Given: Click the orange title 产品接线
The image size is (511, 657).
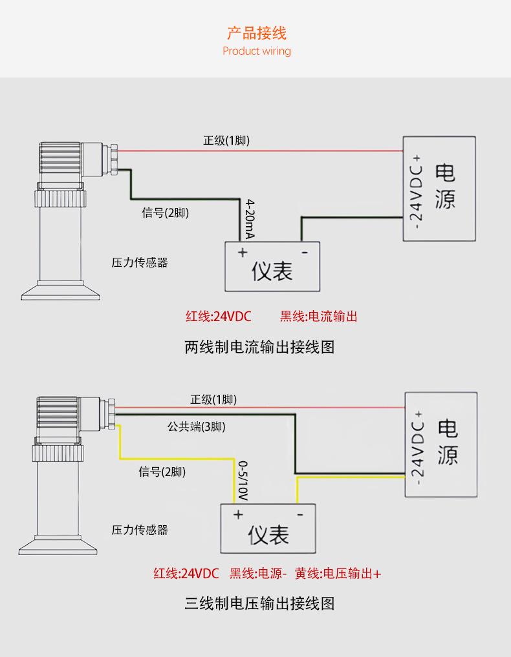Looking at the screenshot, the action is (x=256, y=33).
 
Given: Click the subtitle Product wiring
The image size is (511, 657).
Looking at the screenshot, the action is (x=256, y=51).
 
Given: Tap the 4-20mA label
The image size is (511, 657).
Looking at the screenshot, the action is (x=250, y=219).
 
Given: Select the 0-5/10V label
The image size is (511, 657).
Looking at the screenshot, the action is (x=243, y=481).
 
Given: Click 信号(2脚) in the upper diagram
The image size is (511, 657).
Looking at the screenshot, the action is (x=166, y=213).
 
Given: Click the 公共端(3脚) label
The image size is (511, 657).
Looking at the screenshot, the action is (x=197, y=426).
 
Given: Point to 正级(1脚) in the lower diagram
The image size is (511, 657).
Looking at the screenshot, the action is (x=213, y=400).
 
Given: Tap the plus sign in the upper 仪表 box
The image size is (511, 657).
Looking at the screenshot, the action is (x=243, y=252).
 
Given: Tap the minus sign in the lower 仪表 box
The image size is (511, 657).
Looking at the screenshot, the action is (x=300, y=514).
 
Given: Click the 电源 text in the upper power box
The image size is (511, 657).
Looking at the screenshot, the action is (x=445, y=187).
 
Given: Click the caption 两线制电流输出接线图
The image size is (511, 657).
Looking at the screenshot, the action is (x=259, y=348).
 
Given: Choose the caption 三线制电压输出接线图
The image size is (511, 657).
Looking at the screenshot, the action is (x=259, y=604).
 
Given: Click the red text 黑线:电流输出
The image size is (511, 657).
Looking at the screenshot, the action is (x=319, y=317).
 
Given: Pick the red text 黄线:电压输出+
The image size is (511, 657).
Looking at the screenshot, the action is (x=338, y=573).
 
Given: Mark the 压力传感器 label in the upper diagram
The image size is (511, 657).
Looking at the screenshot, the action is (x=140, y=263).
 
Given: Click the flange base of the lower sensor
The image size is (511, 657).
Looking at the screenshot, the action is (x=58, y=545).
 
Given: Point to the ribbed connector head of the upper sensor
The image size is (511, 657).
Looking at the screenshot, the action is (x=60, y=162).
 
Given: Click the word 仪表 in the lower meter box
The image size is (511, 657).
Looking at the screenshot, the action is (x=268, y=535).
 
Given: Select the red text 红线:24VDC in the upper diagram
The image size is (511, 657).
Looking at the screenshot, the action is (x=219, y=317).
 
